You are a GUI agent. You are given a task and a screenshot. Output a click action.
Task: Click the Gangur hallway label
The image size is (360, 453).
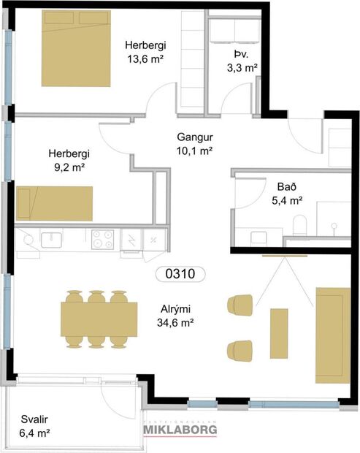point(194,137)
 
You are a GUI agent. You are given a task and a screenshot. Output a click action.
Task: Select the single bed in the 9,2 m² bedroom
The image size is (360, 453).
point(55,203)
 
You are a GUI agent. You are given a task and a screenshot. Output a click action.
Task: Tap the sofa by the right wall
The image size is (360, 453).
point(332,334)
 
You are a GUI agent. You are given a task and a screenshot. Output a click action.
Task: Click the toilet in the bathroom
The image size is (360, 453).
point(299,224)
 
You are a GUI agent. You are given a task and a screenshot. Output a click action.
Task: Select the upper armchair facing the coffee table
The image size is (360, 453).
point(241,305)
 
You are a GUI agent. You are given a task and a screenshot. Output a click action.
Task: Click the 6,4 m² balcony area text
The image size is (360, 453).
point(33,434)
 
